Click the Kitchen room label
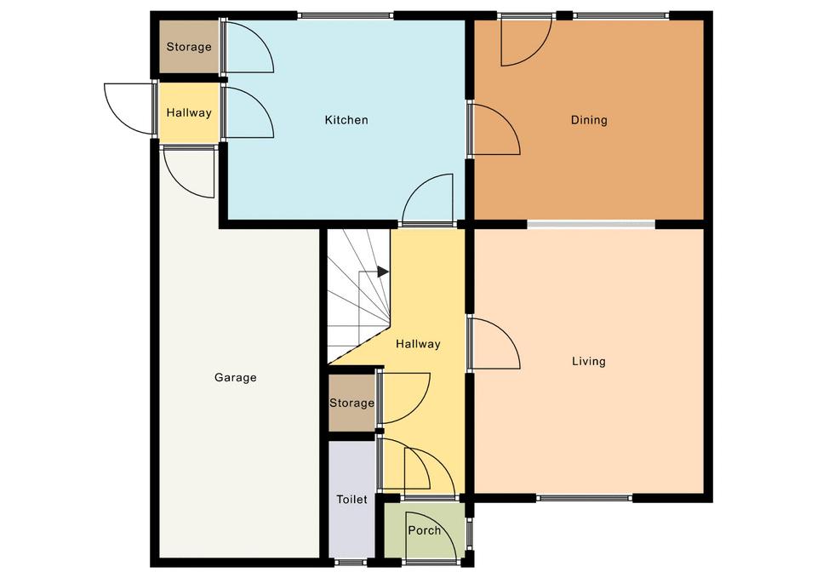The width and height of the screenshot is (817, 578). point(346,120)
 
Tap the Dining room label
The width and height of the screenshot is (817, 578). point(589,120)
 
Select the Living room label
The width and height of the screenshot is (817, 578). point(589,361)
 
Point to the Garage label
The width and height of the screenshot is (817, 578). point(236,377)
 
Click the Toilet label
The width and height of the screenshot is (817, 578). point(351,500)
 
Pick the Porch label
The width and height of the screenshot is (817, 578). point(424,530)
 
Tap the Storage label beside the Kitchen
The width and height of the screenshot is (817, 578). point(189,47)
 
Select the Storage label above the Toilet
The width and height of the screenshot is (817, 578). point(351,403)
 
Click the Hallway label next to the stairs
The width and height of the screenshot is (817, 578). point(418,344)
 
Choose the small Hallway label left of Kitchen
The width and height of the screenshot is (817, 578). point(189,112)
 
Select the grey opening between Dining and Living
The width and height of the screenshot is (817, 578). point(591,224)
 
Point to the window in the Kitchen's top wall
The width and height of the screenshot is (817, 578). point(346,15)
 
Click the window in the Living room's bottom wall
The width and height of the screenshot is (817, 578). point(584,498)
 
